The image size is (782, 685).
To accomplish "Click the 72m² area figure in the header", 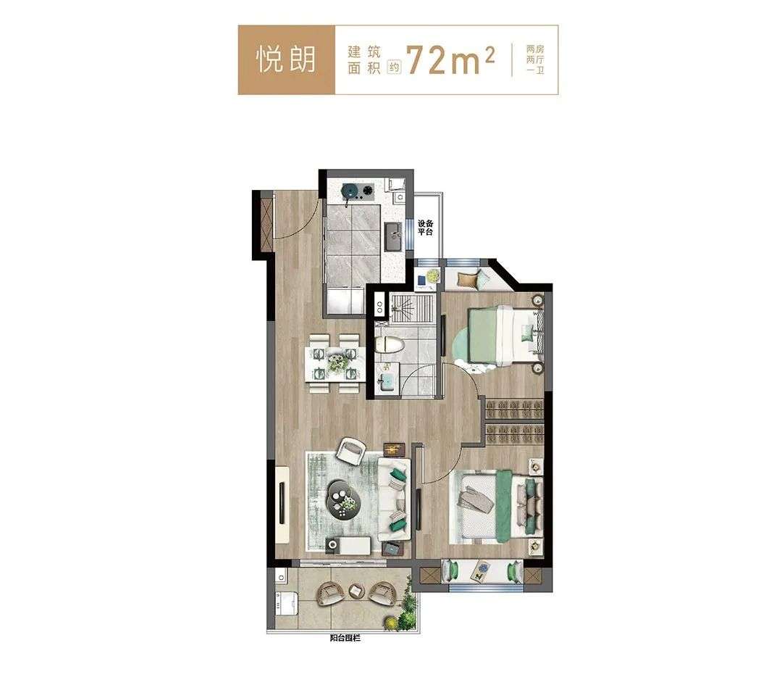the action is (x=451, y=60).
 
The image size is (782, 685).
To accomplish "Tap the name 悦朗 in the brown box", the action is (x=286, y=60).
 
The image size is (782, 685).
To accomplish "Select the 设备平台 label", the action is (x=425, y=228).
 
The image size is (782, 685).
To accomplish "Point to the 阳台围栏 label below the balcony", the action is (x=345, y=638).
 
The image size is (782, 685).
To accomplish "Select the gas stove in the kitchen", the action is (x=357, y=190).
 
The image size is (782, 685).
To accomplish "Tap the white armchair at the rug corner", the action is (x=351, y=450).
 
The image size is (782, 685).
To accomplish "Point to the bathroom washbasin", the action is (x=385, y=383).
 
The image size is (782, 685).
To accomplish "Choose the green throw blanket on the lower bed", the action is (x=504, y=506).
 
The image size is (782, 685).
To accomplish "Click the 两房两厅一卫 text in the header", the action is (x=535, y=60).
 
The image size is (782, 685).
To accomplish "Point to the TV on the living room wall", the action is (x=283, y=502).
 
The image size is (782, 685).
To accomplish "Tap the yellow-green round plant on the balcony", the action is (x=390, y=622).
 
